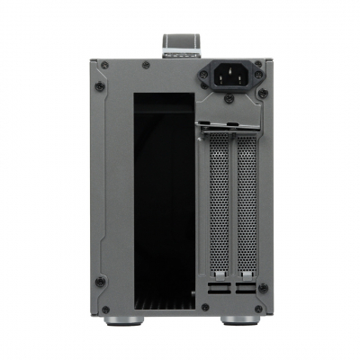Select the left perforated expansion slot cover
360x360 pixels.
coord(217,206)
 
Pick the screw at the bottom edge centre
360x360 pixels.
coord(205,308)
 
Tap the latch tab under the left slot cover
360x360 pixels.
coord(217,272)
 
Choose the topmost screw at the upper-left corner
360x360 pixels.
coord(103,64)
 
